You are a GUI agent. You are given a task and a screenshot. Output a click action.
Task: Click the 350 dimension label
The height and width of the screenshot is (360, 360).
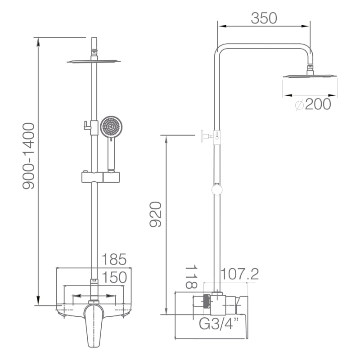264,18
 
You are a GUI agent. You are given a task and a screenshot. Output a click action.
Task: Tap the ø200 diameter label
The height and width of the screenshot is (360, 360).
313,104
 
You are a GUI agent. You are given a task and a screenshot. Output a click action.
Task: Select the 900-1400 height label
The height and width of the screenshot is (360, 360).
29,156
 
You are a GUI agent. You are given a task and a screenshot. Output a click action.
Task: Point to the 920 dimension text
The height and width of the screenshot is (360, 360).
156,214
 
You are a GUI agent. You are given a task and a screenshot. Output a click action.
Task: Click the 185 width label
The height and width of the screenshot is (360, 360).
114,260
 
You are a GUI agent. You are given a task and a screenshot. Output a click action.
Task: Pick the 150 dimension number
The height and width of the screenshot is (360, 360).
114,277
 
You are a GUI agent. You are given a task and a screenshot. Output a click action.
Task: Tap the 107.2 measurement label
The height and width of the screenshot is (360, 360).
239,274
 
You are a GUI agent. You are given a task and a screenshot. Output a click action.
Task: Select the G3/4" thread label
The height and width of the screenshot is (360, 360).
219,324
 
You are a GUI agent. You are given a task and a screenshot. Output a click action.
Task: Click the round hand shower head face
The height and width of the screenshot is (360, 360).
111,126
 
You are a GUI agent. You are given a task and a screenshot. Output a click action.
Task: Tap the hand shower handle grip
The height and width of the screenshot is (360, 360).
111,154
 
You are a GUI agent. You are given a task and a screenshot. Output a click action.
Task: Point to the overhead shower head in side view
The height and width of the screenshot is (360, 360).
310,76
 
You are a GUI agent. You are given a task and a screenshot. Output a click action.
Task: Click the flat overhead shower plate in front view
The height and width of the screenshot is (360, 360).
94,61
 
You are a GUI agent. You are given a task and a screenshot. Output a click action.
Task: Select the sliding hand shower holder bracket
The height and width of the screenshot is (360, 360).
100,177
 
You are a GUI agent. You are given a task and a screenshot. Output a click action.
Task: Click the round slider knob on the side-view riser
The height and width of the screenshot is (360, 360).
217,190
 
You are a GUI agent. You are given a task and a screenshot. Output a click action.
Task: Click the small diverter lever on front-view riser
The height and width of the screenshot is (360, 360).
86,126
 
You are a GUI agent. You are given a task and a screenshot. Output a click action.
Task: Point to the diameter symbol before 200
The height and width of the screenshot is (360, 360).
300,105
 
